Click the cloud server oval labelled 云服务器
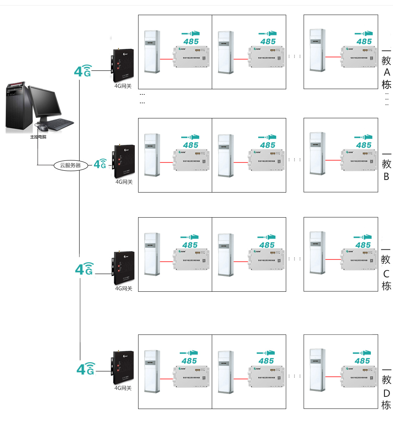(70, 165)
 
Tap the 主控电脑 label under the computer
(38, 137)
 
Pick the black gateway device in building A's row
(123, 65)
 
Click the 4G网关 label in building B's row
(124, 182)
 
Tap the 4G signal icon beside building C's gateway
(84, 269)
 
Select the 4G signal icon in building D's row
(85, 368)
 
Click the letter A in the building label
(386, 72)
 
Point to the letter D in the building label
(386, 393)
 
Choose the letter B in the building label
(386, 177)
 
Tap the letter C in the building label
(386, 274)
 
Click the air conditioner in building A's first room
(152, 52)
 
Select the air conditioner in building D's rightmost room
(317, 370)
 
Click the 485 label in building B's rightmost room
(364, 145)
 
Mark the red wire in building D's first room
(166, 379)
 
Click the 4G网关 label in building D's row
(123, 388)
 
